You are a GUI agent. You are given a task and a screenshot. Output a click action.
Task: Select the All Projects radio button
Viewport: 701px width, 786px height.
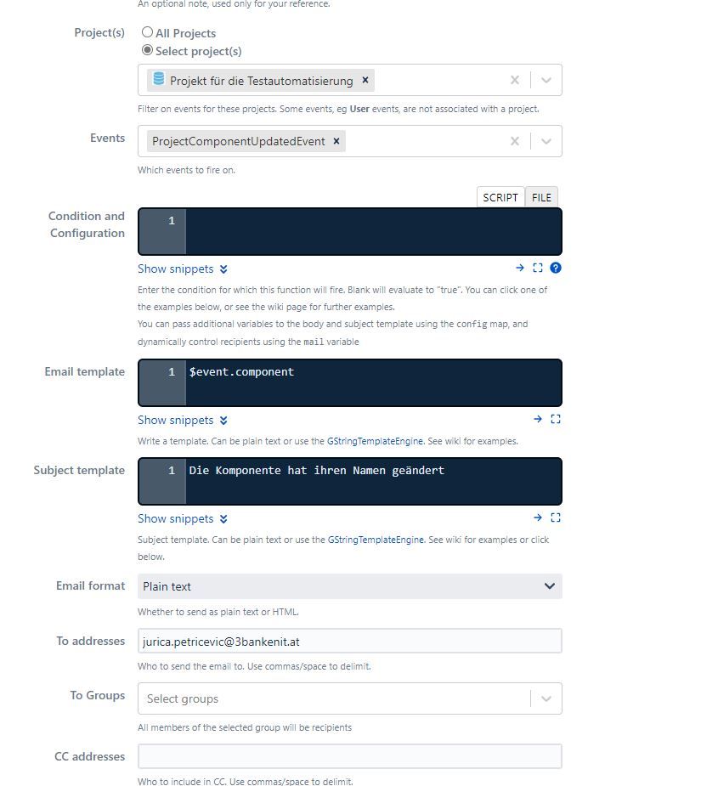148,32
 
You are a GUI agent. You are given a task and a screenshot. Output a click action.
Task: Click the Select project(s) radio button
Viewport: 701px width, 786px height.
148,50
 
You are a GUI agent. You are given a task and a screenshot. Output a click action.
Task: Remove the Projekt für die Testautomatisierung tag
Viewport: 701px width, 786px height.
365,80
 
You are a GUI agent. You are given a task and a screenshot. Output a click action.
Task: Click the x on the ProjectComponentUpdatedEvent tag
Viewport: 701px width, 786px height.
336,141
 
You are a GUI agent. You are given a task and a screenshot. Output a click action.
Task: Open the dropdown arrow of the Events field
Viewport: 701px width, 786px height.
546,141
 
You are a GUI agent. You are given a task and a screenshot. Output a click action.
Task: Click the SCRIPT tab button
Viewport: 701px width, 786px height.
500,197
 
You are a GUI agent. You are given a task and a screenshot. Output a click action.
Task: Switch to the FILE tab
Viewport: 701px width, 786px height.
541,197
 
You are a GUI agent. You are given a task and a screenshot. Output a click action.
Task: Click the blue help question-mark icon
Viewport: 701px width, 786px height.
556,268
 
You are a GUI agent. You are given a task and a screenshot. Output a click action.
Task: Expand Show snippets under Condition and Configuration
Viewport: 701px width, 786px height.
183,269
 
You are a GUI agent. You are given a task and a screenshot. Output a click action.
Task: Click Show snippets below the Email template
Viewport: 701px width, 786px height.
183,420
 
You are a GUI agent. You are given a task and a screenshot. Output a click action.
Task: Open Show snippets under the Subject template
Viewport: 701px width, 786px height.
183,518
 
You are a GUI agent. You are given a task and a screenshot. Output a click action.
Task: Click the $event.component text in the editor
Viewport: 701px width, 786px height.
241,371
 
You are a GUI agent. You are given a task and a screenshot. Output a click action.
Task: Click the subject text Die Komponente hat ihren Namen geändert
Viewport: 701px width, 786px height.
316,470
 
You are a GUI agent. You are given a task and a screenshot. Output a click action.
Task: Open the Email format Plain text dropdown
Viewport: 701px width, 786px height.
349,586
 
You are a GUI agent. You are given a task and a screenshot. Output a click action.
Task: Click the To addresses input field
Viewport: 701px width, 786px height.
349,641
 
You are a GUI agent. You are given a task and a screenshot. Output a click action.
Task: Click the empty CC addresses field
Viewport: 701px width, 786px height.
349,756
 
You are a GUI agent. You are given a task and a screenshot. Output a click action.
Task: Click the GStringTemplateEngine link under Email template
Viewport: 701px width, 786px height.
375,441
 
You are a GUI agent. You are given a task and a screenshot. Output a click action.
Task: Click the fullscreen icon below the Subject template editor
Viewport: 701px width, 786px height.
556,517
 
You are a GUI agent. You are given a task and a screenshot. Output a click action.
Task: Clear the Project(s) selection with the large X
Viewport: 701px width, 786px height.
514,80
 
